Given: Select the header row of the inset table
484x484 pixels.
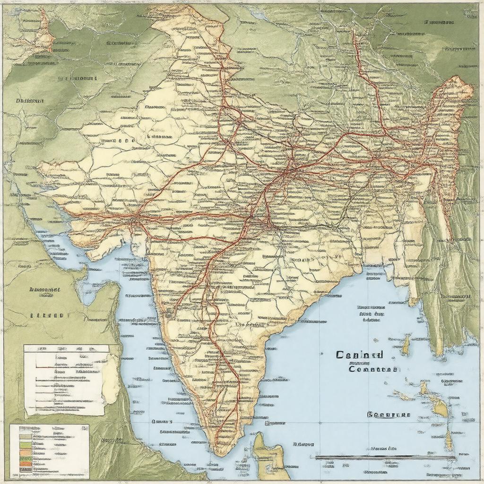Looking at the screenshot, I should (x=66, y=349).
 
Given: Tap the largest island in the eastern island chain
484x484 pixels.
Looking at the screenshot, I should (x=440, y=406).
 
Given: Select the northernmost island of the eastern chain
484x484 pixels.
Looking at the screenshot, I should (x=406, y=345).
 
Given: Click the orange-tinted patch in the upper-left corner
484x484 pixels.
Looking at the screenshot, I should (x=45, y=33).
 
